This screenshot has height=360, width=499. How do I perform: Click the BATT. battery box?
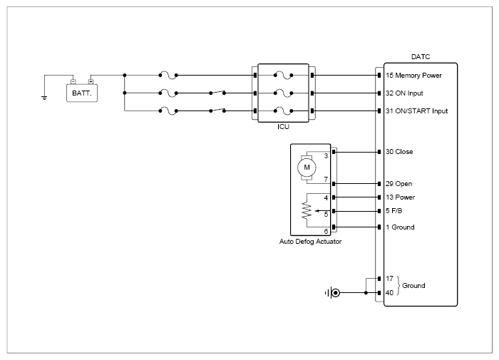point(82,93)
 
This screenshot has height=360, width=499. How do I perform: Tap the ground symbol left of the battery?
point(44,98)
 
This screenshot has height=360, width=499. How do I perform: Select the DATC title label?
point(421,56)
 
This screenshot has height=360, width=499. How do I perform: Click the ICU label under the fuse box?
point(283,127)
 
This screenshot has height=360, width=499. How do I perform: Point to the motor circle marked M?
point(307,168)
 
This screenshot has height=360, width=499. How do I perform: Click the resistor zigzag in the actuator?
point(307,210)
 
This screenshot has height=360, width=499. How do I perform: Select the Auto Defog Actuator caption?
point(310,242)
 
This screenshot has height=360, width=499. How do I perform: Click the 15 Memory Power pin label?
point(413,76)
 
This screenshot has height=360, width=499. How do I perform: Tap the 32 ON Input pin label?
point(404,93)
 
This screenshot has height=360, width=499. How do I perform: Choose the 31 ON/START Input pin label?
point(416,111)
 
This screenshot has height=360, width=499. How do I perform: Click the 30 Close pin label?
point(399,152)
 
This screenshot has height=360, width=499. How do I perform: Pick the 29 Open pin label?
point(398,184)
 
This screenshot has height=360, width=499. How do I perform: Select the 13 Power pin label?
point(401,197)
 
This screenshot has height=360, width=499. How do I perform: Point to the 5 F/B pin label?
point(394,211)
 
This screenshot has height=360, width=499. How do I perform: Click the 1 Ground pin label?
point(400,227)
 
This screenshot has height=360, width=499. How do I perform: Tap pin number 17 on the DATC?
point(389,279)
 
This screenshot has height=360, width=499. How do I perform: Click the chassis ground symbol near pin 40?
point(332,292)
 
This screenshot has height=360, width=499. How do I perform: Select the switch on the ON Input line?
point(217,93)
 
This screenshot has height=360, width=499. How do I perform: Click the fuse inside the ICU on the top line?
point(283,76)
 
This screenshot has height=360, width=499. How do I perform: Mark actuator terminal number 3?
point(326,156)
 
